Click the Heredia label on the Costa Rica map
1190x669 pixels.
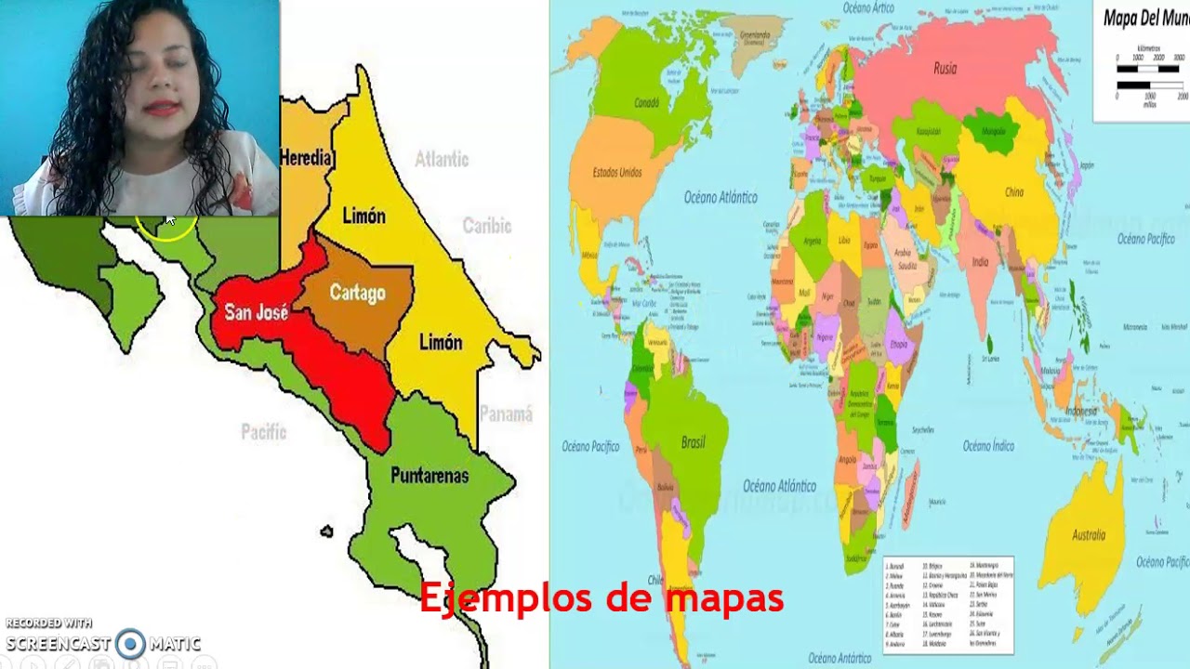(x=306, y=158)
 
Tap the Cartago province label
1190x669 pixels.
(x=357, y=294)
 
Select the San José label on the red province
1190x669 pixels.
(x=256, y=312)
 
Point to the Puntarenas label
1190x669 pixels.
(x=430, y=476)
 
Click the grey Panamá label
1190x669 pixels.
(x=506, y=414)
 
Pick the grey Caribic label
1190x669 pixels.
(x=487, y=226)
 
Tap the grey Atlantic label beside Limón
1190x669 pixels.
(x=442, y=159)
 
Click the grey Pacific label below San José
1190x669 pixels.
(x=264, y=432)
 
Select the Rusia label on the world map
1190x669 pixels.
(x=945, y=68)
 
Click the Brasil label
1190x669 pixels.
(x=693, y=442)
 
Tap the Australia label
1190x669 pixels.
(x=1089, y=535)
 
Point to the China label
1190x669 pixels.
(x=1013, y=192)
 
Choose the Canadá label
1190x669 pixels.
(x=646, y=103)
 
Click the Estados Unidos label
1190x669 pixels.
(x=617, y=173)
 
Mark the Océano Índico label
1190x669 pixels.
(x=988, y=446)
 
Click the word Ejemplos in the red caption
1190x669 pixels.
(x=495, y=598)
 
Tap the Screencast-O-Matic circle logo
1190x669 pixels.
(x=130, y=643)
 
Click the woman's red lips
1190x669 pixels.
(x=162, y=108)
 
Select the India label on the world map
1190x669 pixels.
(x=980, y=262)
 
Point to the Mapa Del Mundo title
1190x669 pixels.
(x=1145, y=18)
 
